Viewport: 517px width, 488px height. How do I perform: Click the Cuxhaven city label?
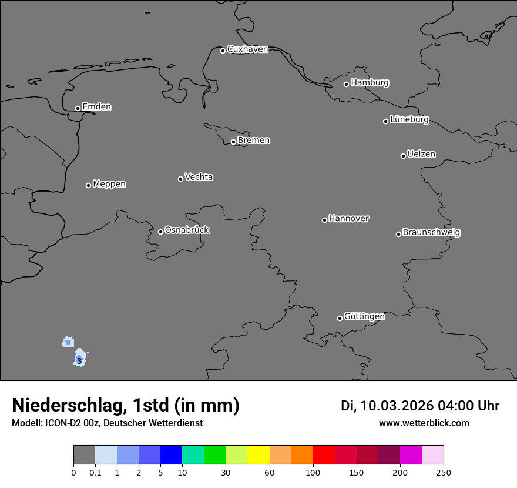247,49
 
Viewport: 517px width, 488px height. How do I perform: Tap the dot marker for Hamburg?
347,84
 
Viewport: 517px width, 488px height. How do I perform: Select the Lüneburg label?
409,120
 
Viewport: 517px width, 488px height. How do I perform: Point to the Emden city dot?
78,108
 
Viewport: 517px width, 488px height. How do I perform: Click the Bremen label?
253,141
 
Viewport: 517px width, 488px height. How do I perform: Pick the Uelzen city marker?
403,156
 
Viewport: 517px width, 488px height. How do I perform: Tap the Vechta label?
199,177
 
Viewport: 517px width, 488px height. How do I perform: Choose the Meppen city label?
109,184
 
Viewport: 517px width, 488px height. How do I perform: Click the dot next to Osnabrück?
160,232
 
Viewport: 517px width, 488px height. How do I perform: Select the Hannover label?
348,219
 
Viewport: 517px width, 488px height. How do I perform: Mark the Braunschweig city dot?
398,234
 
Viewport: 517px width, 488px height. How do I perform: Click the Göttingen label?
364,316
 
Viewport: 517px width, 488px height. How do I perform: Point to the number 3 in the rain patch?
79,361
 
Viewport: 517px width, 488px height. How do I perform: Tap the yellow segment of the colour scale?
258,455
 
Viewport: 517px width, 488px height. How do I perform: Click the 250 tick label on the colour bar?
444,472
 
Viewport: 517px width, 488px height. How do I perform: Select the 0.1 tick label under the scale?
95,472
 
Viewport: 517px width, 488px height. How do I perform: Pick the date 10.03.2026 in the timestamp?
397,406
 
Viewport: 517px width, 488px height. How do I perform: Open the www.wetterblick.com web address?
424,423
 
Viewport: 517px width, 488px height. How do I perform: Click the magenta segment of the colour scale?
411,455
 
